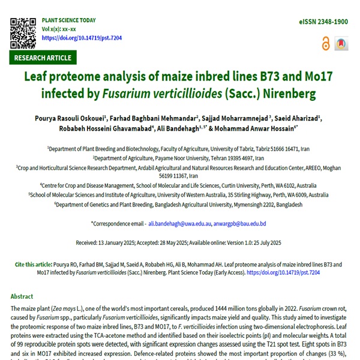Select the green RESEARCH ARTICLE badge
click(43, 58)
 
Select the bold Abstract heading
click(22, 296)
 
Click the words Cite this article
click(35, 265)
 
